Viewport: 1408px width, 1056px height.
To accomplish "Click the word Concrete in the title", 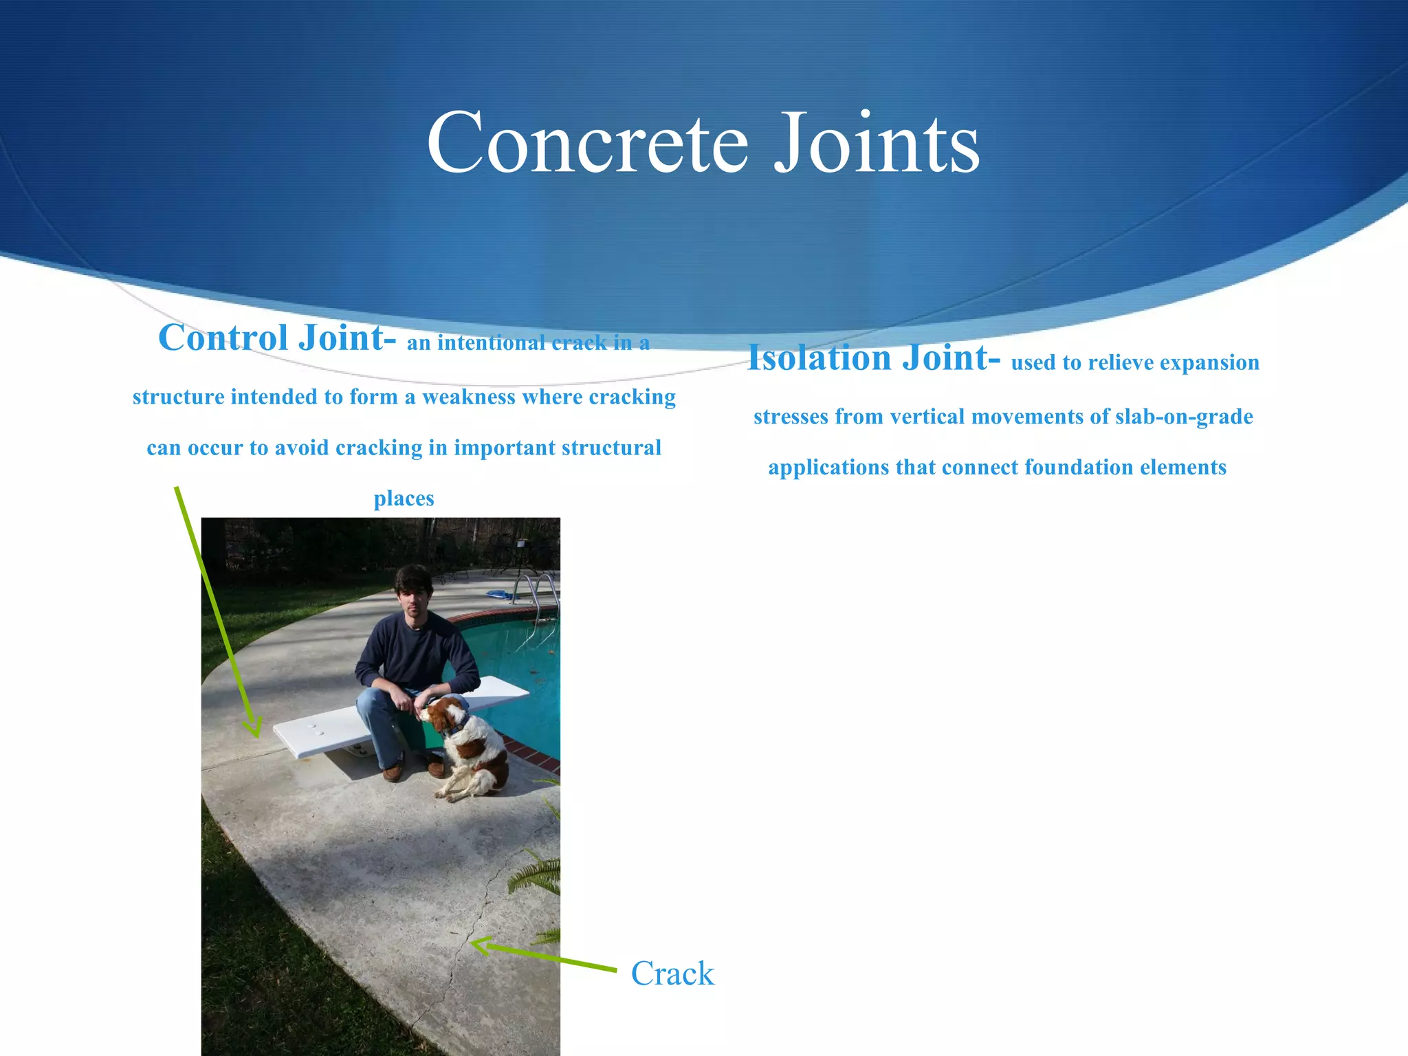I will pos(587,143).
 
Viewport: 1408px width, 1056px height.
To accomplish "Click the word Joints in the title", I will pos(877,143).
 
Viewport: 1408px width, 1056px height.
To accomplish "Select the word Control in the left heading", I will pos(223,338).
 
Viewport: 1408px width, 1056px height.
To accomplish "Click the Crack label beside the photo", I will pos(672,973).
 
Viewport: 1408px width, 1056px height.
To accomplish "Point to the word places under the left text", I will pos(404,498).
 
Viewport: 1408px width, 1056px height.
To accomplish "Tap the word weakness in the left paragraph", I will pos(468,397).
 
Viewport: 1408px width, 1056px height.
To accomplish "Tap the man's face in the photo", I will pos(412,599).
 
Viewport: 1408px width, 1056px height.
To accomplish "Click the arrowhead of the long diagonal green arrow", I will pos(254,729).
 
